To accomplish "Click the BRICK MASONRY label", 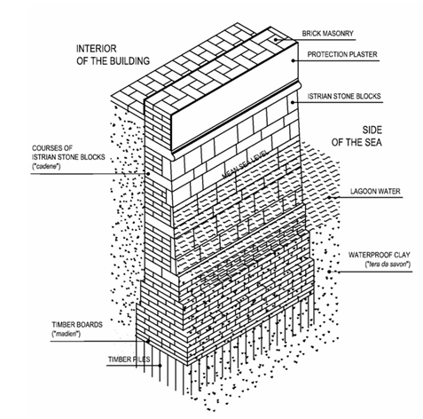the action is (x=327, y=34).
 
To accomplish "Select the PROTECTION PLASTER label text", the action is (x=342, y=54).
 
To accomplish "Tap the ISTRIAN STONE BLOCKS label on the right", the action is (x=344, y=96).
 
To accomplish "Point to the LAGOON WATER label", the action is (x=375, y=191).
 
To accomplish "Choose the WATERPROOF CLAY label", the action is (x=380, y=255).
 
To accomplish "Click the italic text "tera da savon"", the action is (x=388, y=265).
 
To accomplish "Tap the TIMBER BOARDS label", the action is (x=77, y=325).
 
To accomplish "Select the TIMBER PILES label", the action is (x=129, y=360).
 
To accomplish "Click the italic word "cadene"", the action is (x=46, y=166).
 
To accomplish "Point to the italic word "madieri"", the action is (x=67, y=334).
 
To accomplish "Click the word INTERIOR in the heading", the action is (x=97, y=49).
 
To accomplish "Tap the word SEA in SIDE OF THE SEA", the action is (x=372, y=142).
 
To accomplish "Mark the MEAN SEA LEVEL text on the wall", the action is (x=245, y=164).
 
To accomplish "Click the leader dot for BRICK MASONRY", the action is (x=275, y=39).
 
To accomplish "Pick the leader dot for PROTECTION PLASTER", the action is (x=294, y=60).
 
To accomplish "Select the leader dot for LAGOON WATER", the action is (x=329, y=197).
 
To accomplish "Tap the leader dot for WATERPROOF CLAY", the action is (x=329, y=272).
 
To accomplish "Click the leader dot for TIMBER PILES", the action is (x=160, y=366).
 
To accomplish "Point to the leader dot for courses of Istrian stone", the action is (x=149, y=174).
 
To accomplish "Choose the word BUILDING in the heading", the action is (x=129, y=61).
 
